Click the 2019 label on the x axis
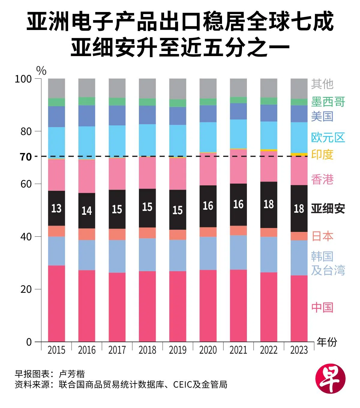178,350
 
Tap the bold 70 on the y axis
26,157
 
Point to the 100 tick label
23,79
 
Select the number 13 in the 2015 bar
56,208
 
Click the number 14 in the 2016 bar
87,211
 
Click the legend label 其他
322,84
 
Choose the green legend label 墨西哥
328,102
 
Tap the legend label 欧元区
328,137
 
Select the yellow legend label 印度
322,154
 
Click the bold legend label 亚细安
328,208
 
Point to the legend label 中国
322,307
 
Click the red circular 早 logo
330,378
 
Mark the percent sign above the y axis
41,71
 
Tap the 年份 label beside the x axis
327,342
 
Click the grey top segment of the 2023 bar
299,88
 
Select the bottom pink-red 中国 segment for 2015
56,303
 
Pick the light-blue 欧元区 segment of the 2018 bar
147,140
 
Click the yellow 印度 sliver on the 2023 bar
299,154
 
